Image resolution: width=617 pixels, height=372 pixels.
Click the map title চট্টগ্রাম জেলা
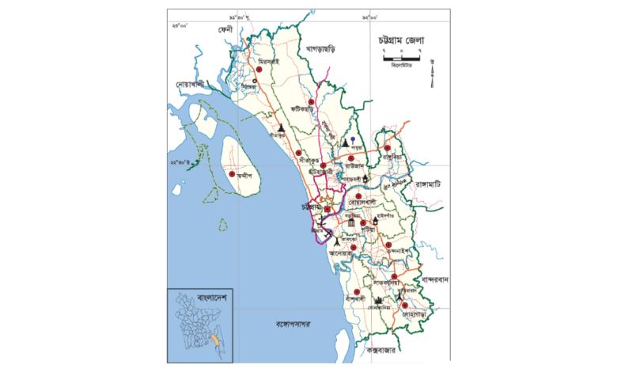tap(403, 40)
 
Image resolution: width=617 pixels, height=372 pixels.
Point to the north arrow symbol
tap(432, 72)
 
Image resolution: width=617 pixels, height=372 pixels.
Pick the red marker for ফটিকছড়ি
tap(312, 102)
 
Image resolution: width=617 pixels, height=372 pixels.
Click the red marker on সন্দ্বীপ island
tap(232, 174)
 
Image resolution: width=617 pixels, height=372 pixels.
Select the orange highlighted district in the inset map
tap(212, 340)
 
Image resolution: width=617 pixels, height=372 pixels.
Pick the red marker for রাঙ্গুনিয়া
tap(388, 148)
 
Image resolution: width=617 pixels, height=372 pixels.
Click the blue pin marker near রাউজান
tap(354, 140)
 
